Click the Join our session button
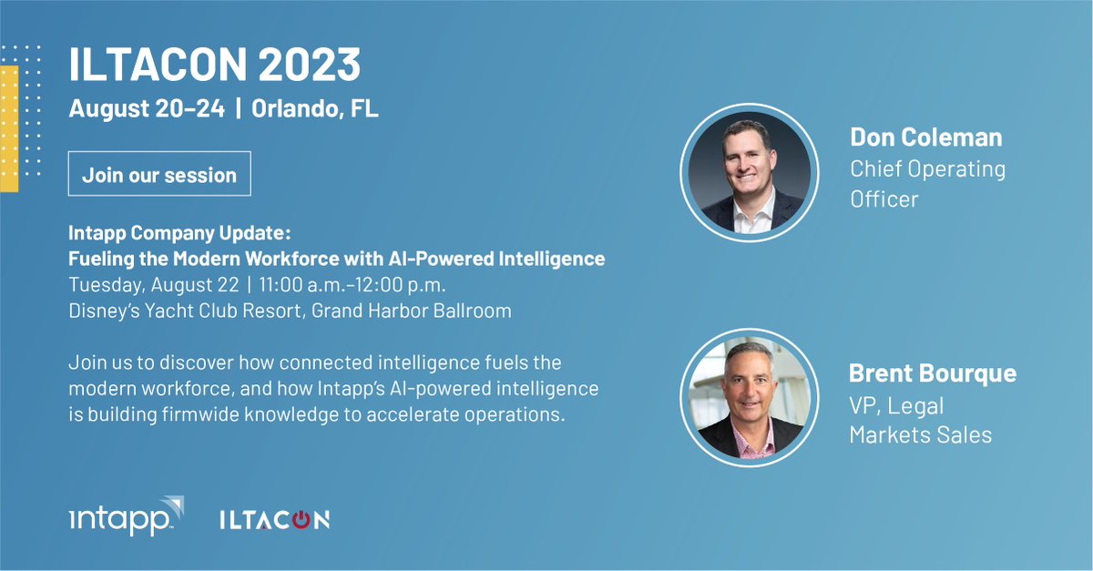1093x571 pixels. point(159,175)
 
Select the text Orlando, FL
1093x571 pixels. point(314,109)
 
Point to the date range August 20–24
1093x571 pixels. point(146,109)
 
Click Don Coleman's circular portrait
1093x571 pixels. point(745,177)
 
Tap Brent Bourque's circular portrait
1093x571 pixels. point(745,400)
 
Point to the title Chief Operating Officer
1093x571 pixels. point(927,183)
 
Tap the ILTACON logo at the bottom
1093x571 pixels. point(274,519)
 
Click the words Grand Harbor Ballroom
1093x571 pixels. point(412,311)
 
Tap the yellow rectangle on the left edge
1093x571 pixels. point(9,128)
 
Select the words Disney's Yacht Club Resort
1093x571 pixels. point(186,311)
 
